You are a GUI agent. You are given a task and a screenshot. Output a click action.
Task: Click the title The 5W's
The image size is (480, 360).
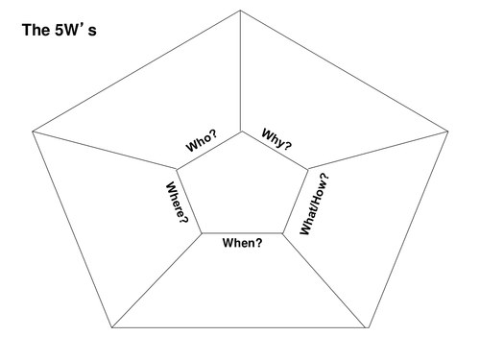60,30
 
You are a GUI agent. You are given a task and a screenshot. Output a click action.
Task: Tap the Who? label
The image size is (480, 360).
202,141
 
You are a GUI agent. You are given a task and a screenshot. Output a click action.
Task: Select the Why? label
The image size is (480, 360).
276,139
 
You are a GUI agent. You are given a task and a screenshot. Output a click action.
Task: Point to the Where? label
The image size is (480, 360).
177,203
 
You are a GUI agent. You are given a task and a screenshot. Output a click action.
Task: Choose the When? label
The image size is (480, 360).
242,243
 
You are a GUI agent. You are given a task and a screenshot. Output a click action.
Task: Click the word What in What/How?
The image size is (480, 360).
308,219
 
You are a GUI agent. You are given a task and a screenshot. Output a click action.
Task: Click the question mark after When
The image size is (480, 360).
259,243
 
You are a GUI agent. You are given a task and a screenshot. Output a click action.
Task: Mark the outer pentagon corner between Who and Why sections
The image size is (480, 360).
240,11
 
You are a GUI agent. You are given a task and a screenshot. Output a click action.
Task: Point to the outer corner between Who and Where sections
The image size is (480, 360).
33,132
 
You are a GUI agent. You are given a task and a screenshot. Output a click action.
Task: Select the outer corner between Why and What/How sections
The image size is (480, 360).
448,132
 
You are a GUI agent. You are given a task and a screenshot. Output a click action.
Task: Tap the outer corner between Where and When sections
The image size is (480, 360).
111,327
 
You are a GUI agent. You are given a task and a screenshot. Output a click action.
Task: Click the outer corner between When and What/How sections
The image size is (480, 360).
369,327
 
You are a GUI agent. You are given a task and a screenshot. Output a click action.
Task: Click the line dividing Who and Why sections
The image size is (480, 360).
241,71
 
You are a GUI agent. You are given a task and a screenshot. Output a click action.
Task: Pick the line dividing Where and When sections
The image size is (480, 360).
156,280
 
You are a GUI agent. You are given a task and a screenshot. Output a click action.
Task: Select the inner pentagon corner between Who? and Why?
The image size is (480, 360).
241,132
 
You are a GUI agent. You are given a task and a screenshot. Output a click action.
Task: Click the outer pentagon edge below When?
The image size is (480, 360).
240,327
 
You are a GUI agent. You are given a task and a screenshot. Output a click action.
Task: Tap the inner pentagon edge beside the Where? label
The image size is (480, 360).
189,201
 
